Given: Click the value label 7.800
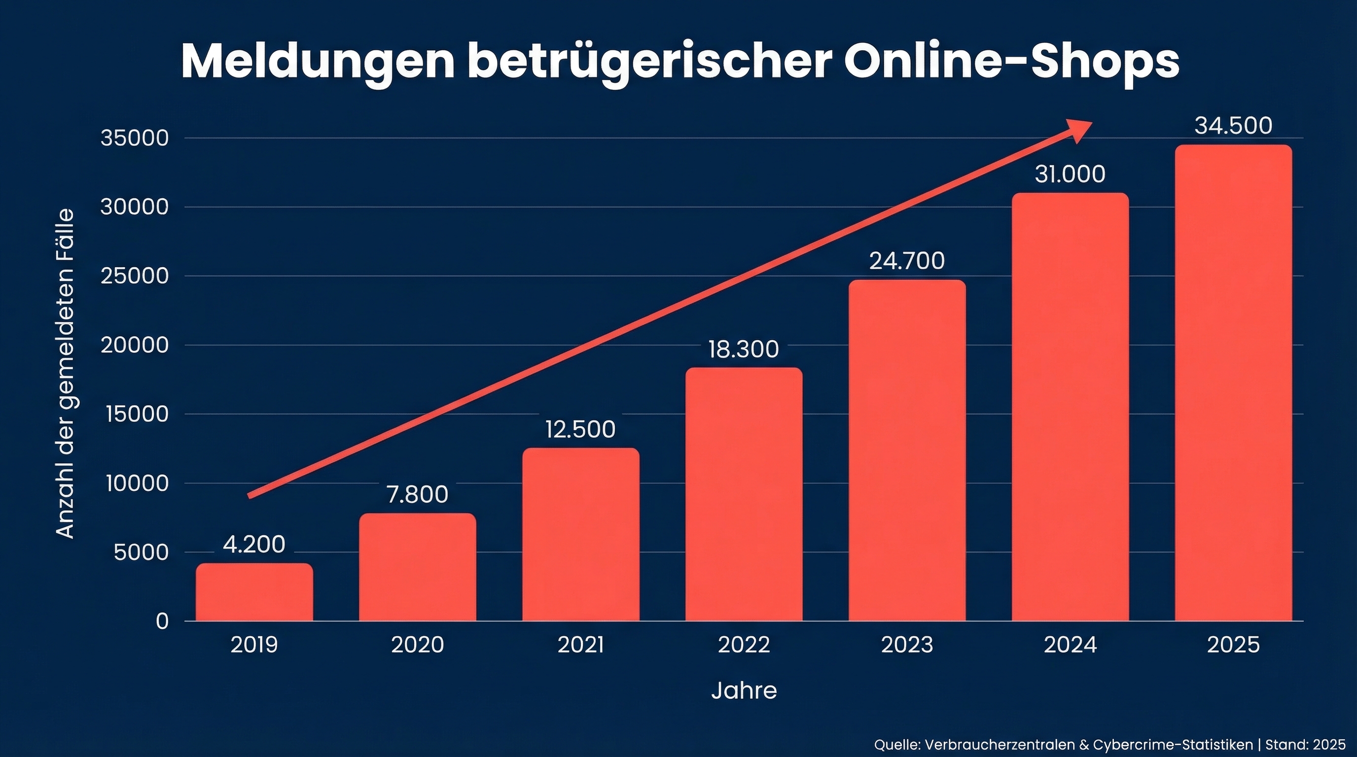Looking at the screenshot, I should pos(417,494).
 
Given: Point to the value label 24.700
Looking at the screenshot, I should pos(907,261).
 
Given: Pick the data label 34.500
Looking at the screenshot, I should pos(1233,126).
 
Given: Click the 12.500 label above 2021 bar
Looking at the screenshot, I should pos(580,429).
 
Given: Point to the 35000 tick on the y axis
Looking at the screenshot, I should pos(134,138).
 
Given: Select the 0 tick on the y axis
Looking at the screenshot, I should pos(162,621).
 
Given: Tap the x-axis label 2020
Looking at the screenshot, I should pos(417,645).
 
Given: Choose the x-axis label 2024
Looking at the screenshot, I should pos(1070,645).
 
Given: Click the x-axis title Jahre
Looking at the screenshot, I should pos(743,690).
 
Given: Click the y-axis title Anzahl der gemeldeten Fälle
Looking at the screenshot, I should pos(65,374).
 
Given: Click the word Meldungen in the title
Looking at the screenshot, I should pos(318,62).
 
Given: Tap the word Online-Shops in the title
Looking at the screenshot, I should pos(1011,62).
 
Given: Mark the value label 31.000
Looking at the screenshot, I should pos(1070,174).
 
